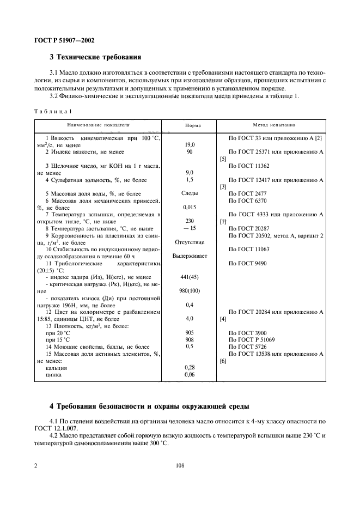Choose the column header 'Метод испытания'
tap(274, 125)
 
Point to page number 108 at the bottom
tap(180, 466)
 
